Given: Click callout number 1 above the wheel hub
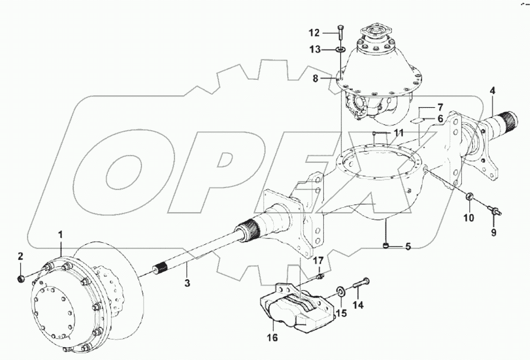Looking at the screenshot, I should pyautogui.click(x=61, y=235).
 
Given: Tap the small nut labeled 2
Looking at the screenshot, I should pyautogui.click(x=21, y=279).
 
